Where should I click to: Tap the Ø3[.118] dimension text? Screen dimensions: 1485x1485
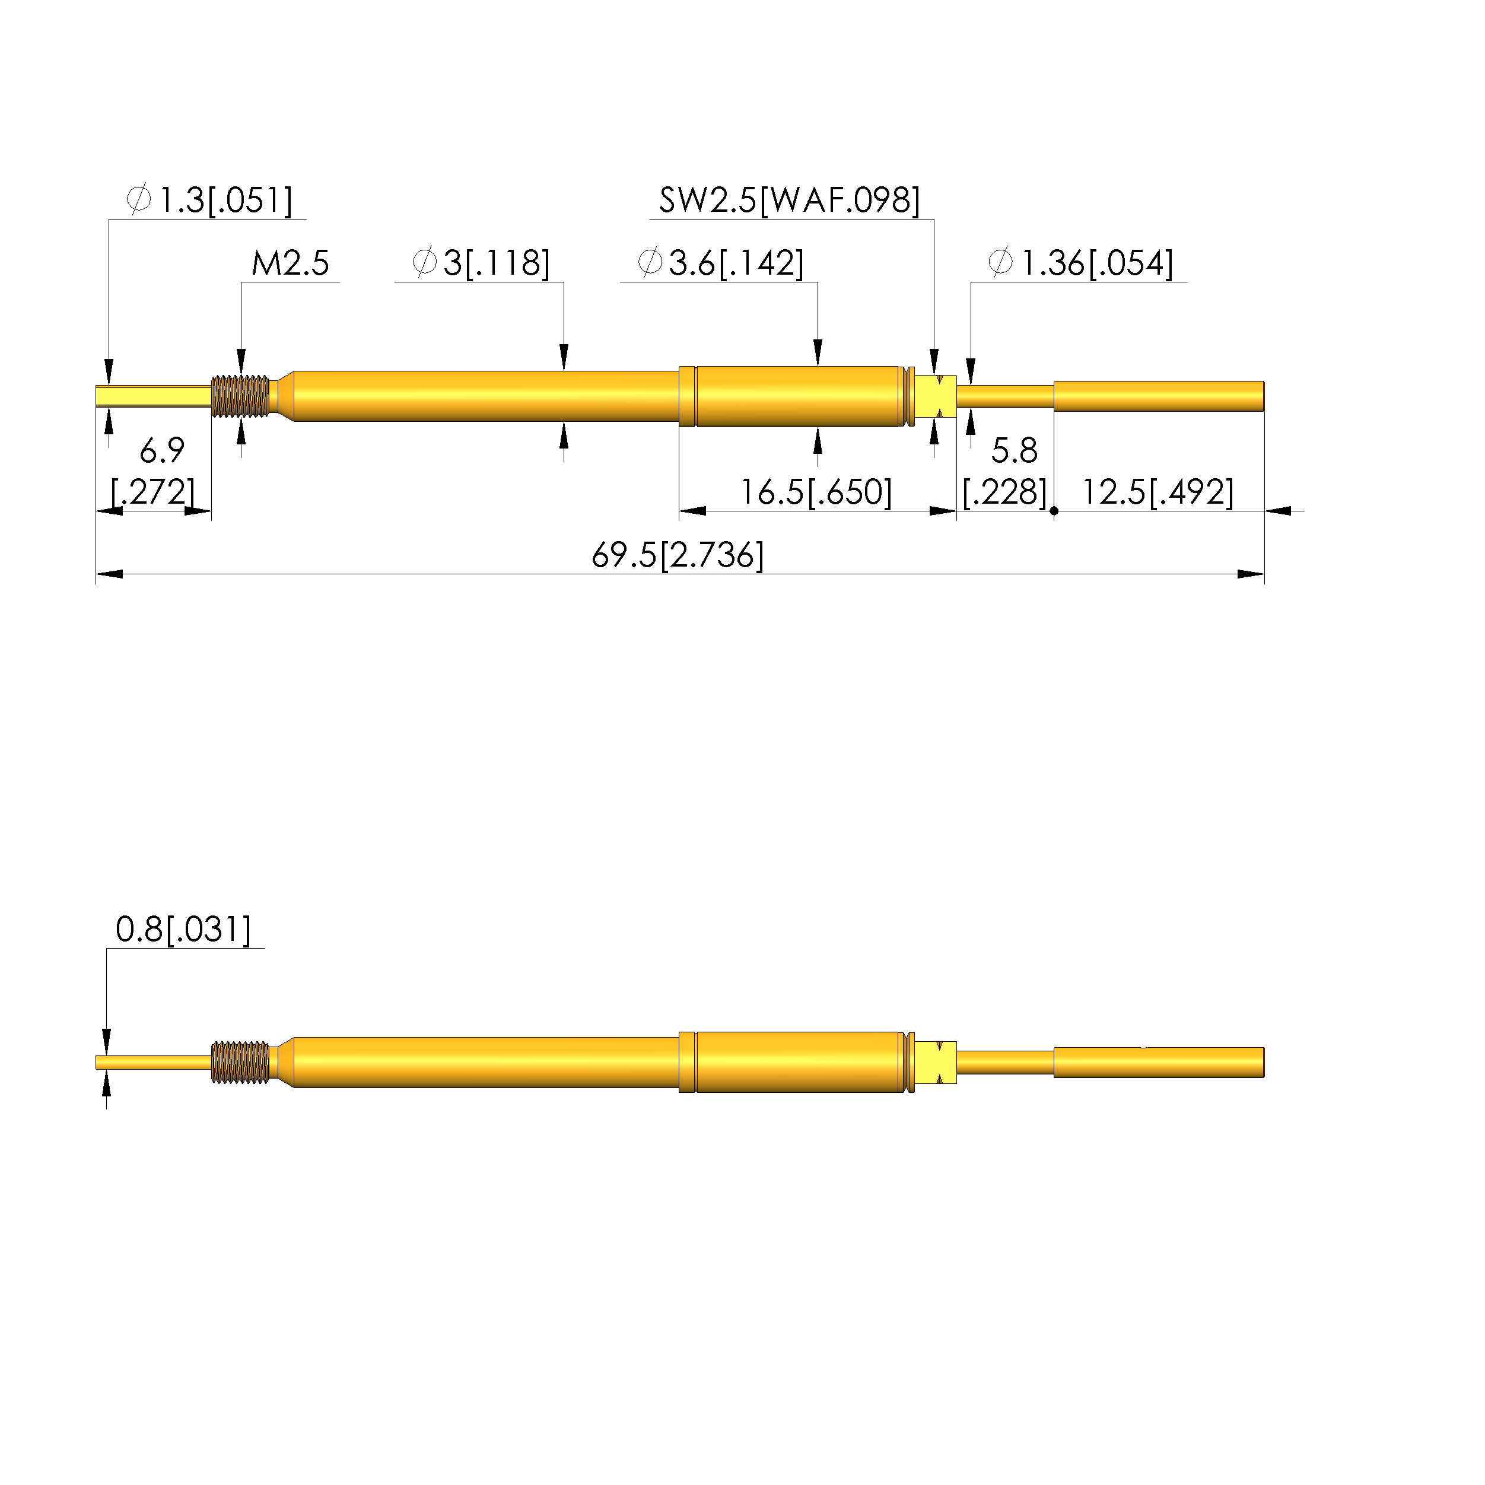(x=481, y=263)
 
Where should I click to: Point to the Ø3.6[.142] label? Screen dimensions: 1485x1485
(x=721, y=263)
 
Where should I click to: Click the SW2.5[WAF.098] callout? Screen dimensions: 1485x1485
(x=790, y=200)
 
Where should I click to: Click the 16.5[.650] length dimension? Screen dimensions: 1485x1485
(x=816, y=492)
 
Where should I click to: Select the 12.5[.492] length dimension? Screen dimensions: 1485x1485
(x=1158, y=492)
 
